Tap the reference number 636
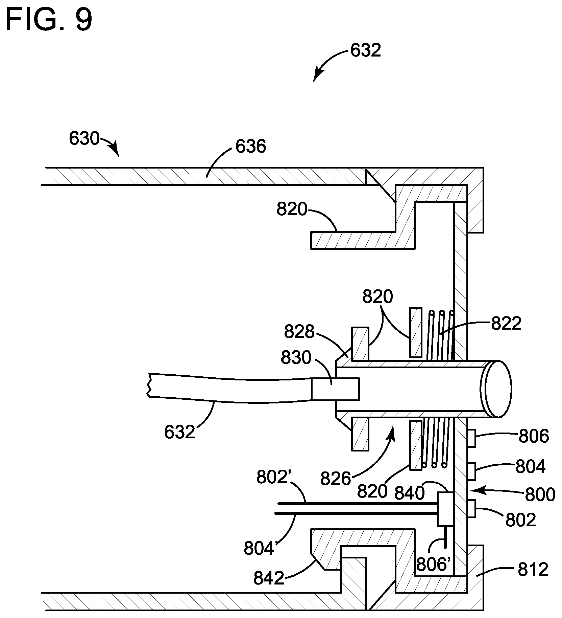(251, 147)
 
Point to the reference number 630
(84, 138)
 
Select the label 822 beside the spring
(506, 324)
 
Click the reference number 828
(299, 332)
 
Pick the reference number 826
(336, 479)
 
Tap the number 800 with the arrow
(540, 494)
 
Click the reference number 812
(532, 570)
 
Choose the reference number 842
(269, 578)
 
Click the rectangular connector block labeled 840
(445, 509)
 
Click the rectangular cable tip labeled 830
(335, 389)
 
